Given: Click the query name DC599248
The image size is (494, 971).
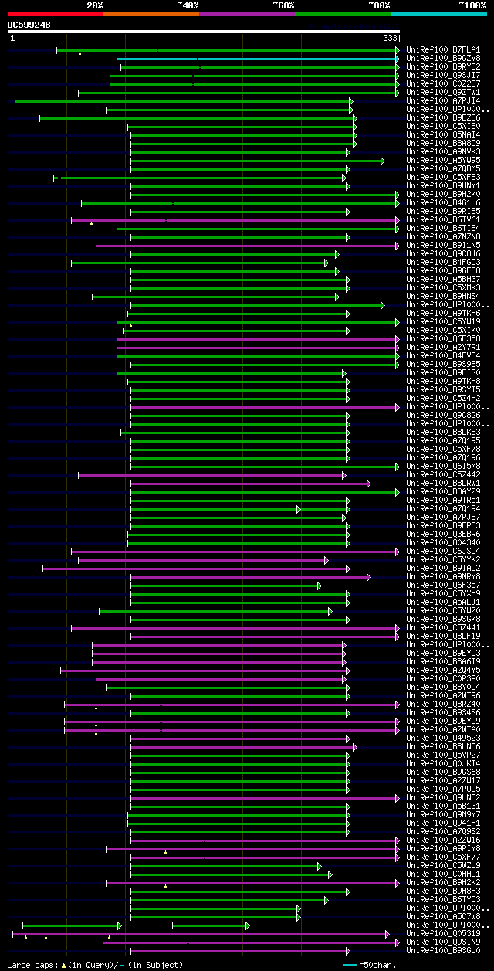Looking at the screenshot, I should [29, 25].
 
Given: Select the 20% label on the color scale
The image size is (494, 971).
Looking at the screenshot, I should [95, 5].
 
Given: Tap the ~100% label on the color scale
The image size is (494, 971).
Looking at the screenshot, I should [472, 5].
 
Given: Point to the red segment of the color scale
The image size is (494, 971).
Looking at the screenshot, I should [55, 13].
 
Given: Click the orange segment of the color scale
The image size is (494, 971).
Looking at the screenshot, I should [151, 13].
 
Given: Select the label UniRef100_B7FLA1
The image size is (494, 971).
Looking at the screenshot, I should [442, 50].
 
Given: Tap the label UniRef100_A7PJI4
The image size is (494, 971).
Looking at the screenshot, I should [442, 101].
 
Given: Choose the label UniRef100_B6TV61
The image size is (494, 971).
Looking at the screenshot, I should [442, 220].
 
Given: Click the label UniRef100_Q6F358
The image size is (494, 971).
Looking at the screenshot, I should [442, 339].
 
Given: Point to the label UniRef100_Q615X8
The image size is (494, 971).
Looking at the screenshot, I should [442, 467].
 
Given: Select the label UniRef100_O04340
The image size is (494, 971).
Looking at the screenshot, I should [442, 543].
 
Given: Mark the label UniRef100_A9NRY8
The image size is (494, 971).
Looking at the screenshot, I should [442, 577].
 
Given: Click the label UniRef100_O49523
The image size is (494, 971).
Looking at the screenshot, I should [442, 738].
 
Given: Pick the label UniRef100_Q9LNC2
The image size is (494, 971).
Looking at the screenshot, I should [442, 798].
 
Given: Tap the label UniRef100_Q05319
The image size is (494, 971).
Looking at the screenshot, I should [442, 934].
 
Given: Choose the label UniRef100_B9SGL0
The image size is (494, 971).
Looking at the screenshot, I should [442, 951].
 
